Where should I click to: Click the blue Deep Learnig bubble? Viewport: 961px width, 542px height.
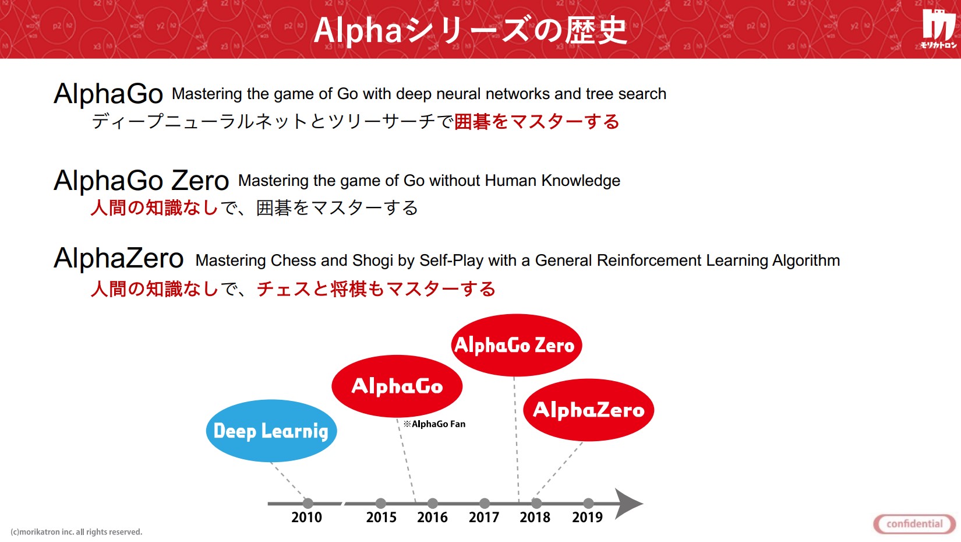click(x=271, y=431)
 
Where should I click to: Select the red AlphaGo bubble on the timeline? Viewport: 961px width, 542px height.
click(x=397, y=386)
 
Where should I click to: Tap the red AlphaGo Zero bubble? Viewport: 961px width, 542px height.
click(x=516, y=345)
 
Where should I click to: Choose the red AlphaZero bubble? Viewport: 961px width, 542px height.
click(x=589, y=410)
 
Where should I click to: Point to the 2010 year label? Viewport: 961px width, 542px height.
click(x=307, y=517)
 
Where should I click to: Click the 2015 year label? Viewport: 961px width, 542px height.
click(x=381, y=517)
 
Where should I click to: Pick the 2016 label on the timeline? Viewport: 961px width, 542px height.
click(x=432, y=517)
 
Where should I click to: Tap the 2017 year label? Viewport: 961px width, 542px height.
click(x=484, y=517)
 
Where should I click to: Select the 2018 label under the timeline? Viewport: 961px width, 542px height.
click(x=535, y=517)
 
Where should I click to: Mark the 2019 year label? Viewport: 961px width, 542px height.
click(x=587, y=517)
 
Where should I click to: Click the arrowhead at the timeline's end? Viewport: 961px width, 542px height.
click(x=628, y=504)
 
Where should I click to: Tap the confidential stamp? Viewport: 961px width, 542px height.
click(x=914, y=524)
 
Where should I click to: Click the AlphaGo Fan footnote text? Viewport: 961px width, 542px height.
click(x=434, y=424)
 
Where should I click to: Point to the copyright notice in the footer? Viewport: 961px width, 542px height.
click(x=76, y=532)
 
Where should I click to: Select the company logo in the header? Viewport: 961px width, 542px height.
click(x=938, y=29)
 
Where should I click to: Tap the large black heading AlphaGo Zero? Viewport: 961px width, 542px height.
click(x=141, y=180)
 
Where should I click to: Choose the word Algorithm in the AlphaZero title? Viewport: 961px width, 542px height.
click(x=805, y=261)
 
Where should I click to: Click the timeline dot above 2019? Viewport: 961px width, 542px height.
click(x=589, y=504)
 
